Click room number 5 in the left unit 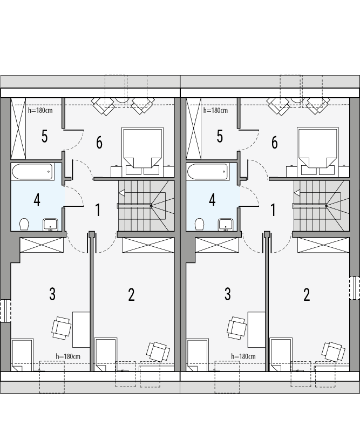[44, 137]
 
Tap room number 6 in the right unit [274, 143]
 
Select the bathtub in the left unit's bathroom [32, 172]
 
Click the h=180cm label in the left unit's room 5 [40, 110]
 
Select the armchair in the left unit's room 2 [158, 352]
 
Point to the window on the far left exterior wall [5, 310]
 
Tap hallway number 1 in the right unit [273, 210]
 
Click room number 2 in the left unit [131, 295]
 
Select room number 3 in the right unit [227, 294]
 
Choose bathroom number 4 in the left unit [37, 200]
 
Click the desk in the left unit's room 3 [81, 329]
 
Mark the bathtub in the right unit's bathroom [208, 172]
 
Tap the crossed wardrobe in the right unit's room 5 [194, 129]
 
